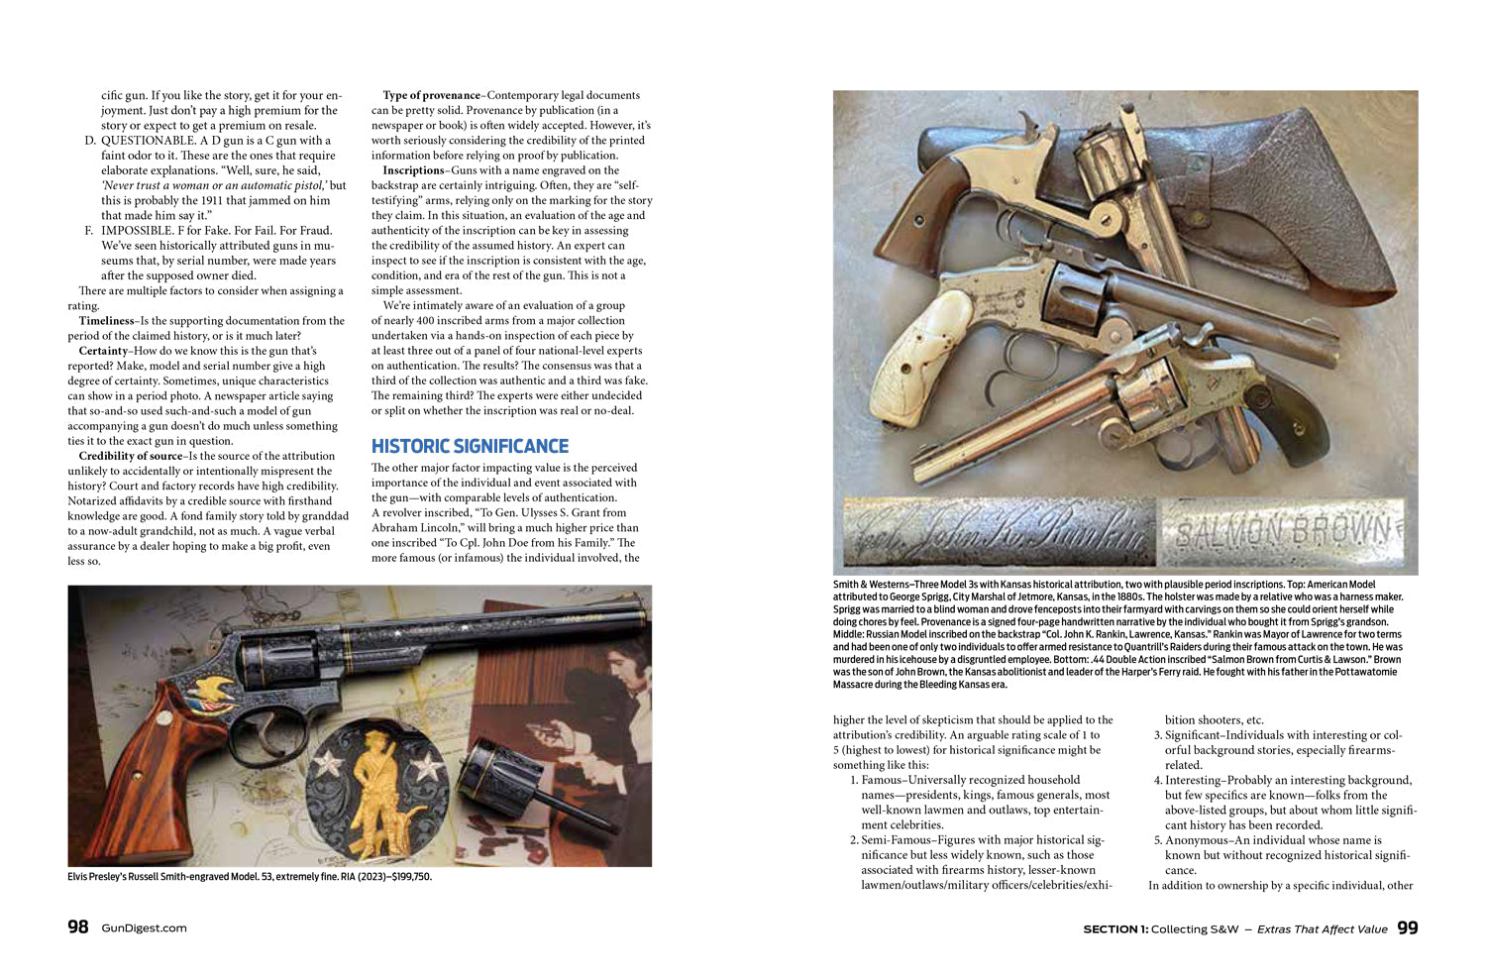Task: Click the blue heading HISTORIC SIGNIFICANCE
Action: coord(470,446)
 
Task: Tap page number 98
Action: coord(78,927)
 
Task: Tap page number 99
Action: coord(1407,927)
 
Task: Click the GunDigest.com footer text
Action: coord(144,928)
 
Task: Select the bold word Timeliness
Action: coord(106,321)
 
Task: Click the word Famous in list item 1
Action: coord(882,780)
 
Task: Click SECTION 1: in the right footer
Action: coord(1114,928)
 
